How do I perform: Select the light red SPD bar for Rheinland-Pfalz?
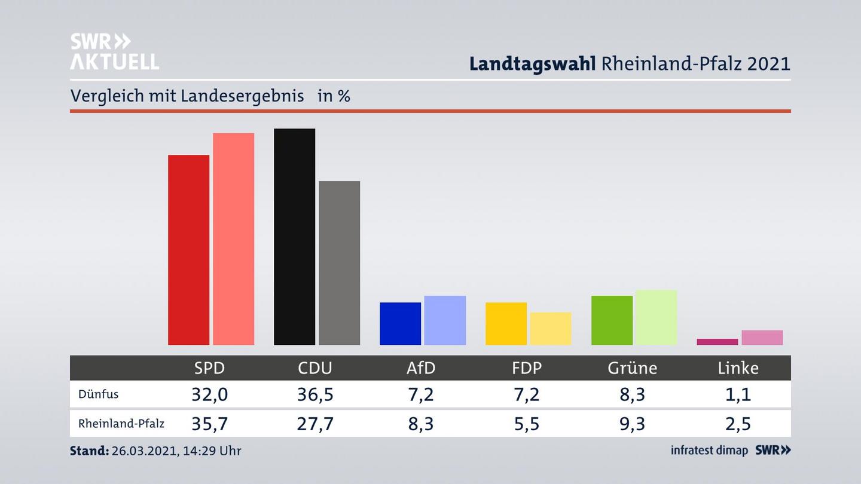[x=233, y=239]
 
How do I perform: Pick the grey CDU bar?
[x=339, y=263]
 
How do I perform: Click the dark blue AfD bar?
[x=400, y=323]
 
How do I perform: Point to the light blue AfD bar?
[x=445, y=320]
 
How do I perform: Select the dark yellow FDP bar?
[x=506, y=323]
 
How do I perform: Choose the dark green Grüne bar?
[x=612, y=320]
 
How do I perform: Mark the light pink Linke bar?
[x=762, y=338]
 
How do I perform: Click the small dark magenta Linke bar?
[x=717, y=342]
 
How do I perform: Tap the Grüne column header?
[x=632, y=368]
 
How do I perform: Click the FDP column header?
[x=527, y=368]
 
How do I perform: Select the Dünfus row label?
[x=98, y=394]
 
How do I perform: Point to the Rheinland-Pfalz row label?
[x=121, y=424]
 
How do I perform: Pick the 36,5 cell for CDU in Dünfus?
[x=315, y=394]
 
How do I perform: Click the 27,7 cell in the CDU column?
[x=315, y=424]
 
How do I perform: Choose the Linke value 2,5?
[x=738, y=424]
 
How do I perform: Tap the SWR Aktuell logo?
[x=114, y=51]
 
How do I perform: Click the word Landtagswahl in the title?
[x=532, y=64]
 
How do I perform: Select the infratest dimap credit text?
[x=709, y=451]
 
